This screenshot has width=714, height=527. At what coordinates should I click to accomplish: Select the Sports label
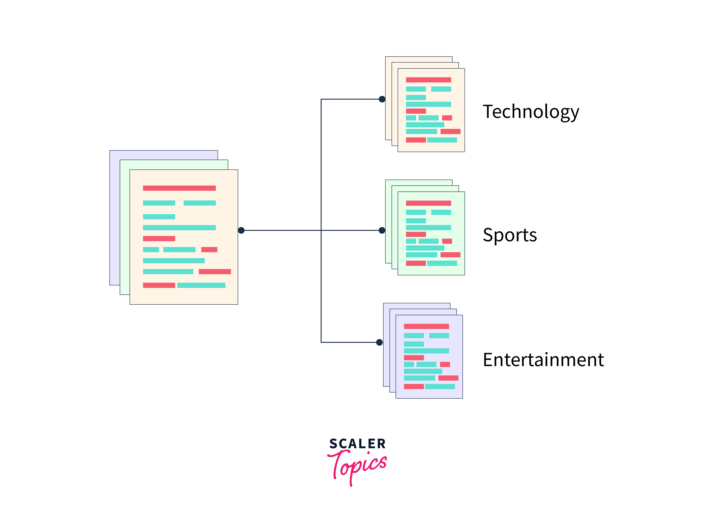510,235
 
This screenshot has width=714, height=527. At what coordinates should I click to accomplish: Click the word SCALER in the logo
358,444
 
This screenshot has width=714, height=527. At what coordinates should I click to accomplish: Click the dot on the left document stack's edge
241,230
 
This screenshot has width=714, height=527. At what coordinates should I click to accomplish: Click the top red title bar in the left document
179,188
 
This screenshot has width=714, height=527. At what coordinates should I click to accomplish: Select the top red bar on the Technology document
428,80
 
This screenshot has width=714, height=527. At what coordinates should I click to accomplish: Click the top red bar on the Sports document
428,203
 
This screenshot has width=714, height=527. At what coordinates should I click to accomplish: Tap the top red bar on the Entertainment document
426,326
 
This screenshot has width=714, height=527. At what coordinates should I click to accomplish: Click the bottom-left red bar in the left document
159,285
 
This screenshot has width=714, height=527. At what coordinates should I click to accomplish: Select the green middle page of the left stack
124,230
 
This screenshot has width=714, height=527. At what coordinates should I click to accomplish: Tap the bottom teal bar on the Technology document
442,140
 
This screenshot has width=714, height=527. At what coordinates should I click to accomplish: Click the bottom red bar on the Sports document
416,263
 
